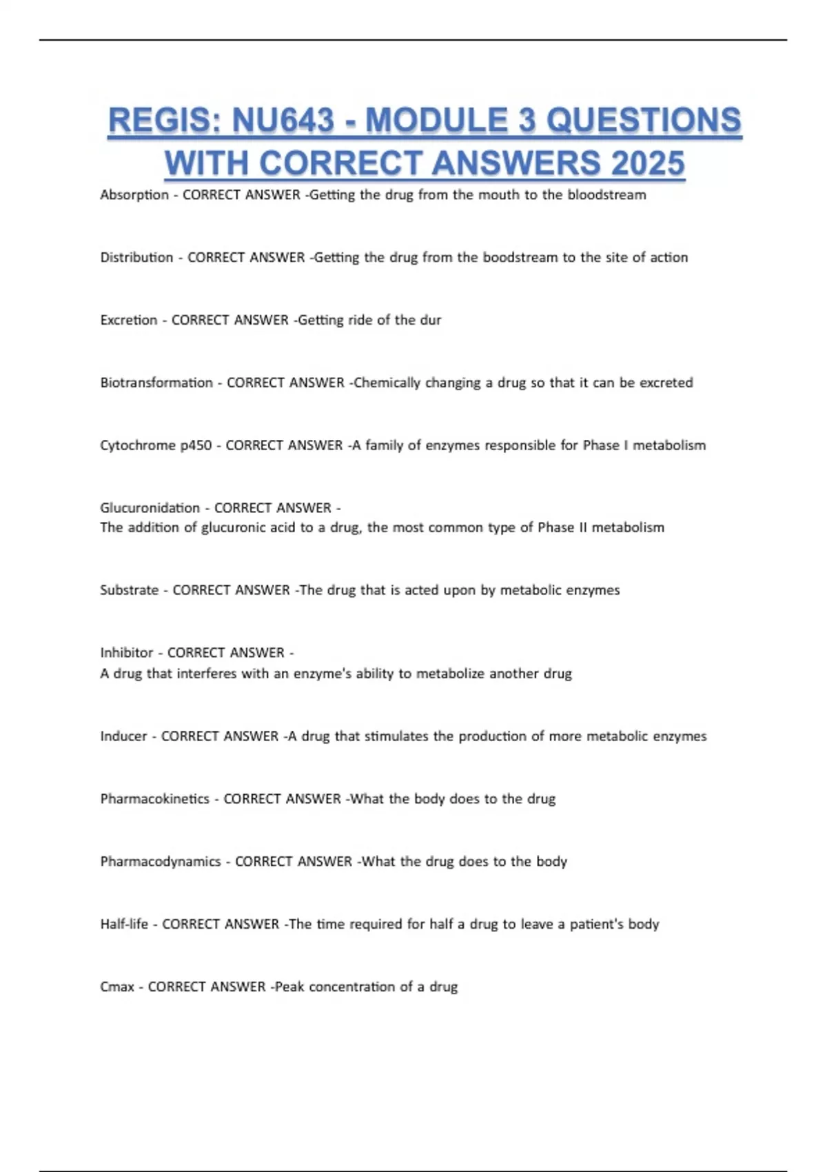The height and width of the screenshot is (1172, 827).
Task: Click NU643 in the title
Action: (x=283, y=121)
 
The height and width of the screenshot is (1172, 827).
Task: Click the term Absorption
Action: (x=134, y=195)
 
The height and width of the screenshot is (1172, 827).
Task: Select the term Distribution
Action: (x=136, y=258)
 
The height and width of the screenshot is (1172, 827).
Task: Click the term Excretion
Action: (x=129, y=320)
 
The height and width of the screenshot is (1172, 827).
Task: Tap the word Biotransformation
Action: (x=156, y=383)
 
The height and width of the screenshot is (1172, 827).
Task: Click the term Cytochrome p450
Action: (x=156, y=445)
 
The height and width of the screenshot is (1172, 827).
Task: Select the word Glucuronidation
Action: (x=150, y=508)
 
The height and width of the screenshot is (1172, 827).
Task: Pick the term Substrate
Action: (x=129, y=590)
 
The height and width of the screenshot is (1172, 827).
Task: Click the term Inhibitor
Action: (x=127, y=653)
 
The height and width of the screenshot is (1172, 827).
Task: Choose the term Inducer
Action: (x=123, y=736)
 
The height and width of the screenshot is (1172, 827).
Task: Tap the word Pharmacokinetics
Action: (x=154, y=799)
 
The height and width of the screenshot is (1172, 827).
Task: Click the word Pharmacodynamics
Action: (x=161, y=862)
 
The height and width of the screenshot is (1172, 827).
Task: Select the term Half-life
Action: (x=124, y=925)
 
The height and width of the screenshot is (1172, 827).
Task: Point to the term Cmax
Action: (x=117, y=987)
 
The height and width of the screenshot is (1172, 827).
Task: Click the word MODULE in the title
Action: (x=437, y=121)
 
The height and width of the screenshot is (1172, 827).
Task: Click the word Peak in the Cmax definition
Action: (x=289, y=987)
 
